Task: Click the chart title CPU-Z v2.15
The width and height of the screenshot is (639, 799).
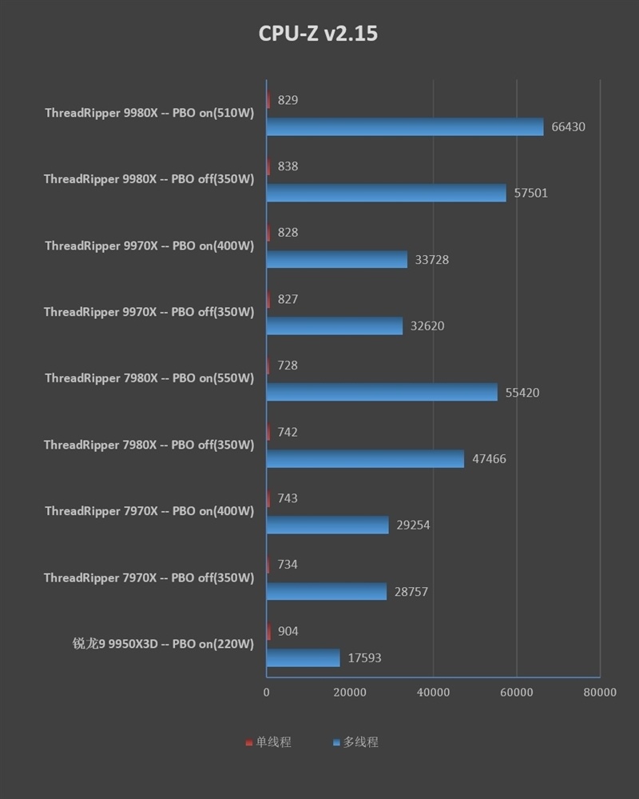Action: point(318,34)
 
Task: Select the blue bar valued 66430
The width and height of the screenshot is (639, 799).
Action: point(404,126)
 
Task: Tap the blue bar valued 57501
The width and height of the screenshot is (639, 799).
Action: point(386,193)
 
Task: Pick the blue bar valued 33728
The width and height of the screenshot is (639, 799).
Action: point(336,259)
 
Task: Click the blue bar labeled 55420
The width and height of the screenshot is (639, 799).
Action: point(381,392)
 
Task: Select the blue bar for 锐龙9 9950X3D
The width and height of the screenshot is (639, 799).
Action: point(303,657)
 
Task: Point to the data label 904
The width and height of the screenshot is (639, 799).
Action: point(288,631)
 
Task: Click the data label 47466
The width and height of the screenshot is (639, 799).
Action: point(489,459)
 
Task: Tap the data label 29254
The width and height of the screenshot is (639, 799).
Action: point(413,525)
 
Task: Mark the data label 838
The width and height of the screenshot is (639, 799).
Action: point(288,166)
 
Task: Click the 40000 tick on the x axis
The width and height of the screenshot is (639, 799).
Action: point(433,692)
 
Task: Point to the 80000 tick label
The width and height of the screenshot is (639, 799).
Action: point(599,692)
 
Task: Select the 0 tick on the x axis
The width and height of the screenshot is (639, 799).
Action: point(267,692)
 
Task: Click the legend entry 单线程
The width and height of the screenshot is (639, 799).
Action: point(268,742)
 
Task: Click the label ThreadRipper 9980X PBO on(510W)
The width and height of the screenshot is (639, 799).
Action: point(149,113)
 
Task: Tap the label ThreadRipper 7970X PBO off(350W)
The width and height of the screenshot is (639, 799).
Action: point(149,577)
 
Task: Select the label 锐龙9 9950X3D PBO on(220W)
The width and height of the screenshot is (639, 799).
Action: point(163,644)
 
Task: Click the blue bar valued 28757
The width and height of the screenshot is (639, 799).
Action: point(326,591)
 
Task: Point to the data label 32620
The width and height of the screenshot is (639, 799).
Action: point(427,326)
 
